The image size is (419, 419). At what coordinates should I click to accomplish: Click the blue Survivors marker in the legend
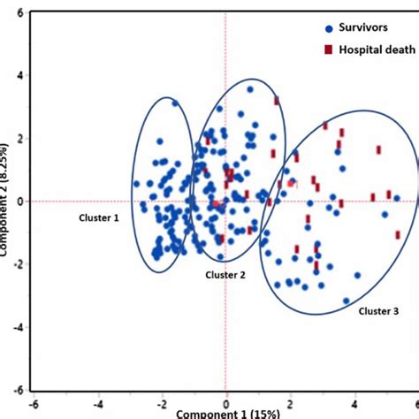click(305, 27)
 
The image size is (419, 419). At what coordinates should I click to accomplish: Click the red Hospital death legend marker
click(304, 50)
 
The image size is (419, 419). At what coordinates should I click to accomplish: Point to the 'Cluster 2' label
click(226, 275)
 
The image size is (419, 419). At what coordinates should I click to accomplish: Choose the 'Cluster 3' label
click(378, 310)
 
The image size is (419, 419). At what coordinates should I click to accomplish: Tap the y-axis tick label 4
click(19, 76)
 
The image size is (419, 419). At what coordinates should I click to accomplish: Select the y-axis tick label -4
click(17, 327)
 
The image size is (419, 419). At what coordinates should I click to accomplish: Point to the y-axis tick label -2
click(17, 264)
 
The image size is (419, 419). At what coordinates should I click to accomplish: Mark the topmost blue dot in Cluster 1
click(175, 104)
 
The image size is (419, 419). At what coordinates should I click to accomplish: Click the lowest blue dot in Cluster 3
click(347, 301)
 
